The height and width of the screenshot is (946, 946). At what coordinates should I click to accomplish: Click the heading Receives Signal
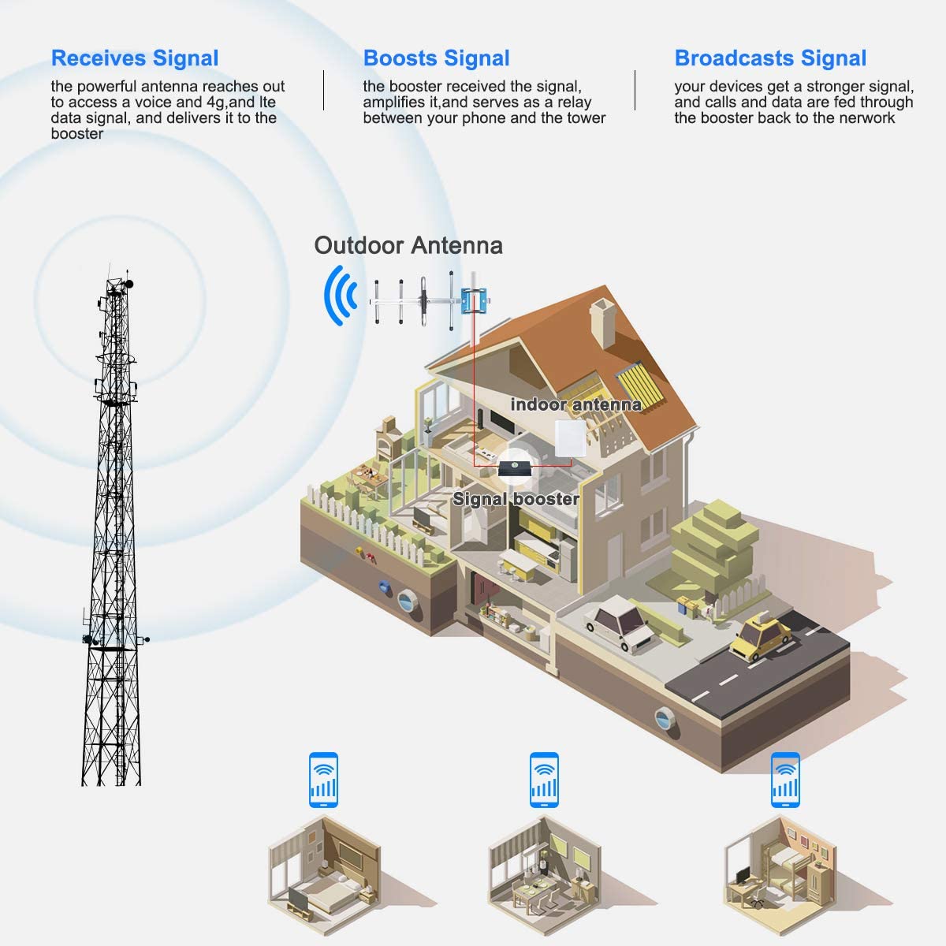point(135,58)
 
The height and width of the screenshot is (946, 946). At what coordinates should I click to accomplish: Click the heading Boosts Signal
point(437,58)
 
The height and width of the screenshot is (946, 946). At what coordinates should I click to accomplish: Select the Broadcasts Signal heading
point(770,58)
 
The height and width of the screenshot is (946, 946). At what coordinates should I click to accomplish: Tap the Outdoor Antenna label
point(408,245)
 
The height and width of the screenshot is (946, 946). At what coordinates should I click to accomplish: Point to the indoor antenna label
point(575,404)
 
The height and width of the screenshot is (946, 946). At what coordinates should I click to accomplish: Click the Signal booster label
point(516,499)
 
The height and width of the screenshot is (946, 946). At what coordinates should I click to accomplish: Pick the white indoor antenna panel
point(570,438)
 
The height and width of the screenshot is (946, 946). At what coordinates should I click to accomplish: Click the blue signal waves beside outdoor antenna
point(340,296)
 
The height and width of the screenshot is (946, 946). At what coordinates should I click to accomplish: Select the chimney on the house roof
point(603,322)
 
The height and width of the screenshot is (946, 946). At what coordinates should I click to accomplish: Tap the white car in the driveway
point(619,622)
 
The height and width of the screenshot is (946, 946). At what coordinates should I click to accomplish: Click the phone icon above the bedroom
point(323,780)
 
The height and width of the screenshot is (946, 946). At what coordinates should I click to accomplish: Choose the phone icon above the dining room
point(544,780)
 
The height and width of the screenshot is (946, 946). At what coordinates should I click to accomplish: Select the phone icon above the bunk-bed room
point(785,780)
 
